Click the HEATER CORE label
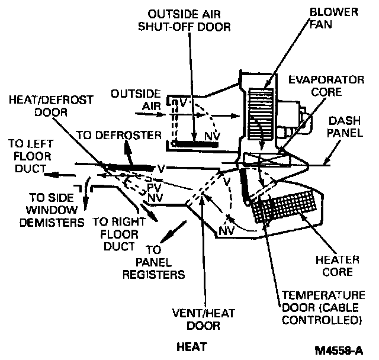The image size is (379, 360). point(339,266)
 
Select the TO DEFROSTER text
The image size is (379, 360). point(120,136)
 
